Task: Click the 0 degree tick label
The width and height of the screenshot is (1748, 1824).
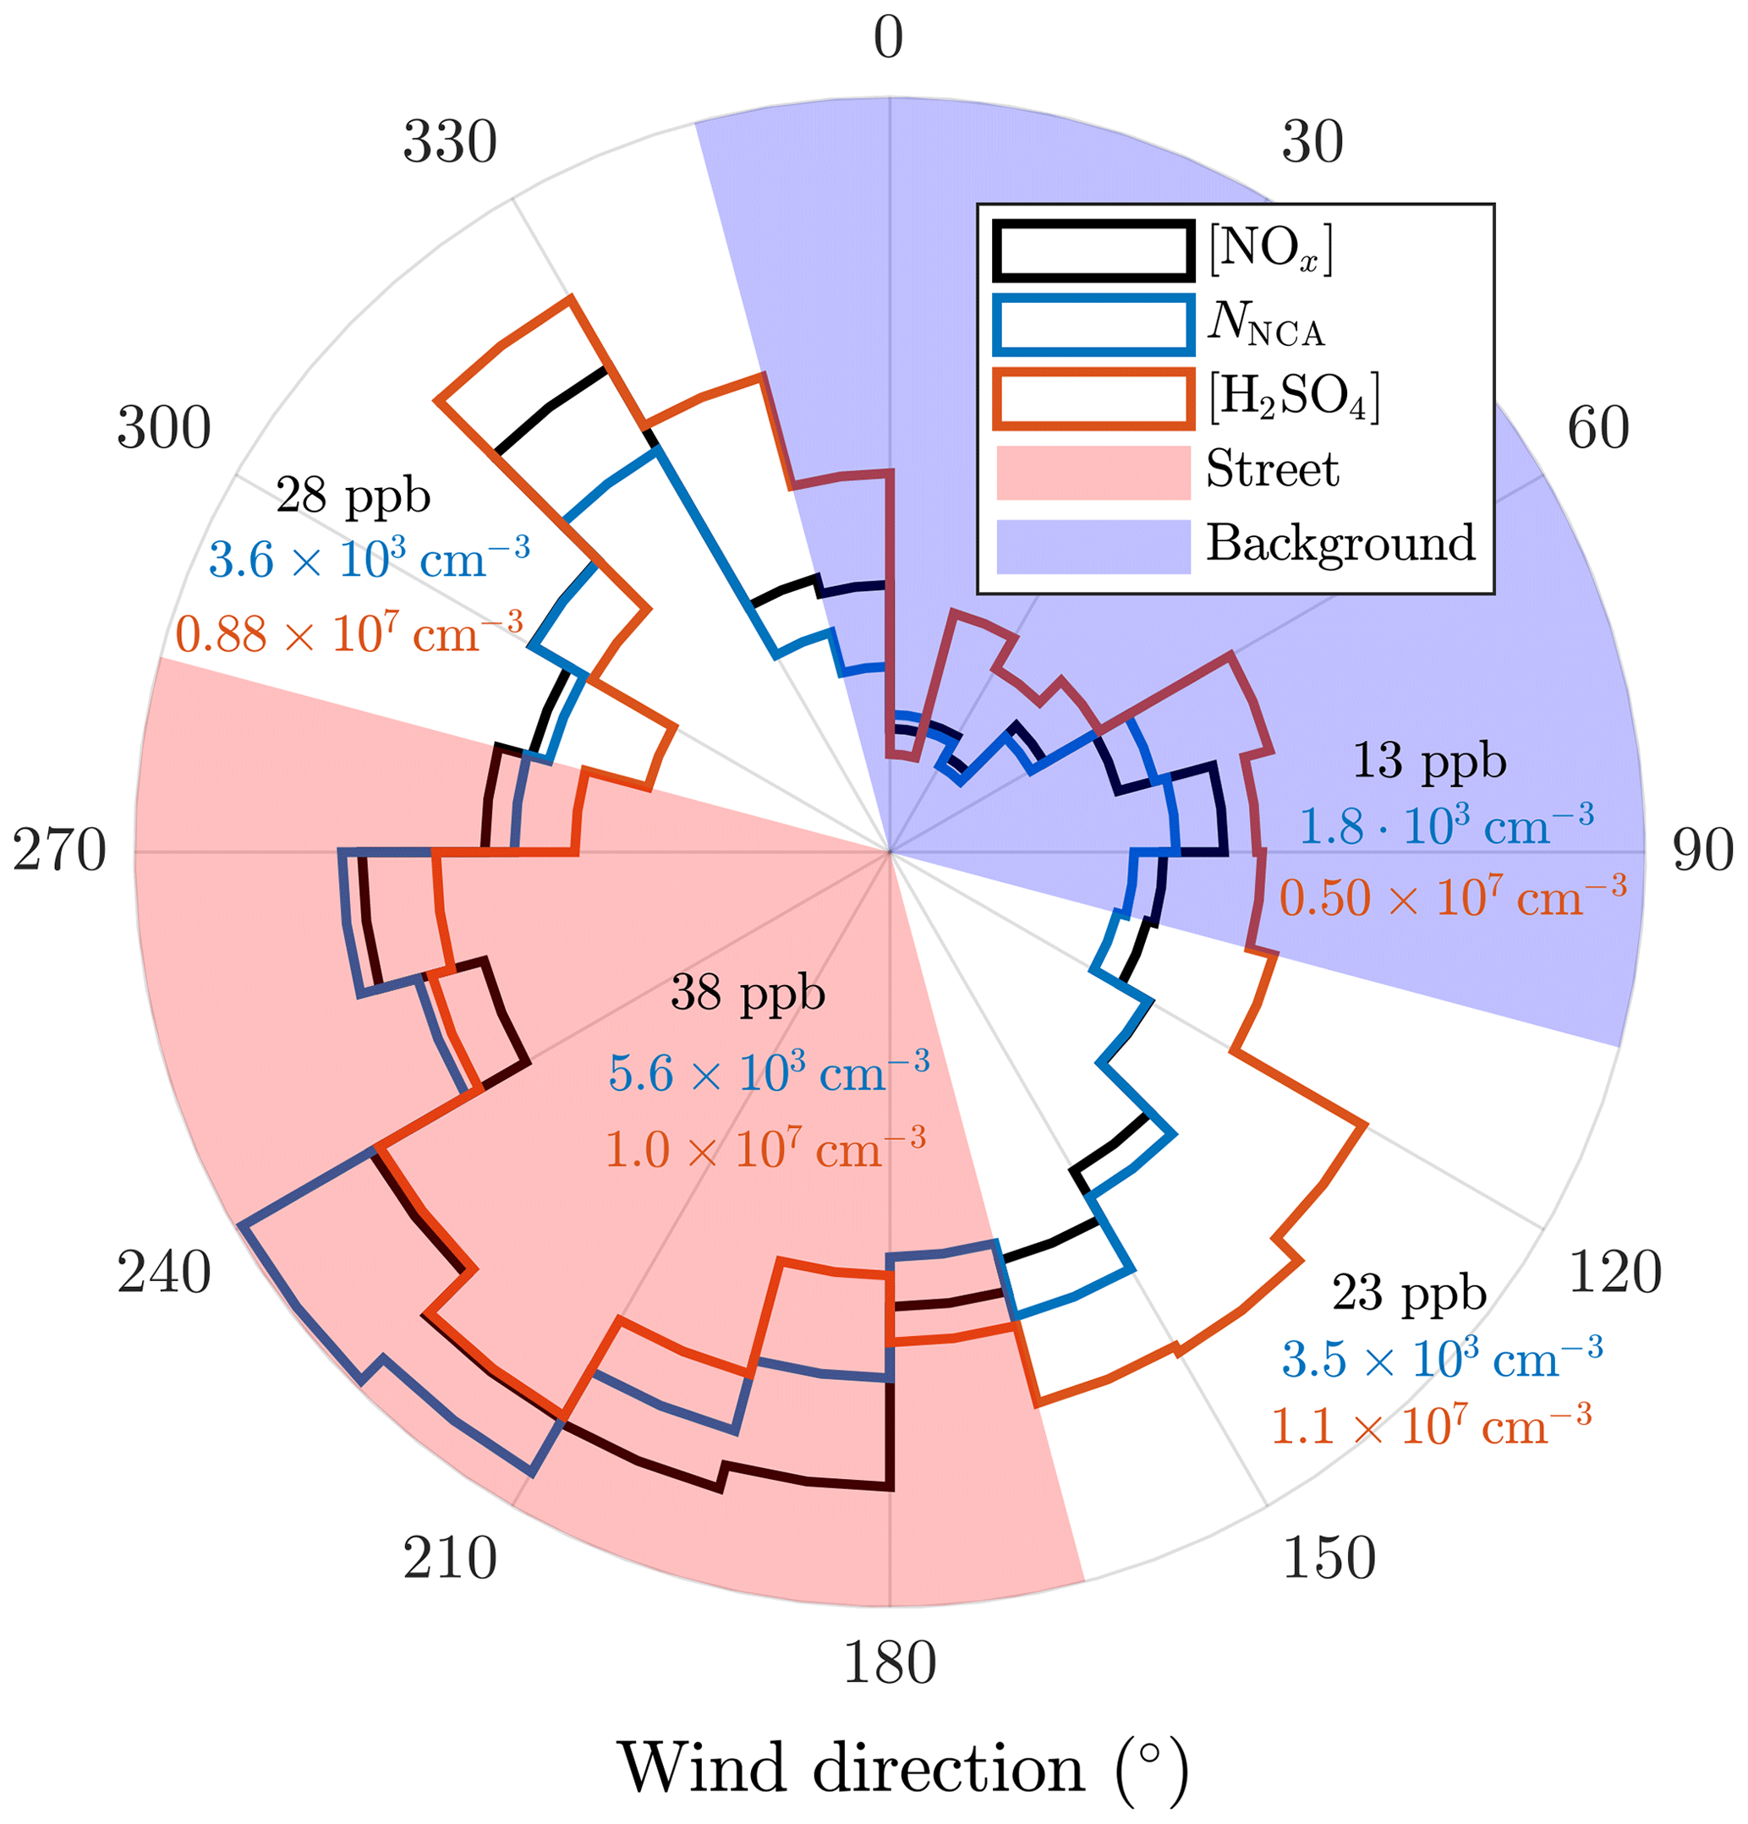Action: click(888, 39)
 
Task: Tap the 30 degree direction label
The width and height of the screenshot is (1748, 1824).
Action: click(1312, 142)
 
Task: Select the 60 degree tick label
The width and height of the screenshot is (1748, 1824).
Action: click(1598, 428)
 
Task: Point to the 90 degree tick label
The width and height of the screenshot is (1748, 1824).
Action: click(1702, 851)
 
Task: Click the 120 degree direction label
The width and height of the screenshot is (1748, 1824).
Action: click(1615, 1272)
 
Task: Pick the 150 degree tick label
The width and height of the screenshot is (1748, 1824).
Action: click(1329, 1558)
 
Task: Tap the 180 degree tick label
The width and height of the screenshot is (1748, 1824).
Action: click(889, 1663)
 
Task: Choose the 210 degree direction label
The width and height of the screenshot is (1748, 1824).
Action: click(450, 1558)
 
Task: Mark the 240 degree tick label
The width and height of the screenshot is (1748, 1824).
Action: click(164, 1272)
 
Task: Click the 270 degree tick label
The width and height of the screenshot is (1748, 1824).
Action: click(59, 851)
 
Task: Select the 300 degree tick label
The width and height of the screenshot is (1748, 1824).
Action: click(164, 428)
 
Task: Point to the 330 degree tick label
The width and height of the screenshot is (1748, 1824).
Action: click(450, 142)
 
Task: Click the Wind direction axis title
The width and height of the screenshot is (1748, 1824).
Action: click(903, 1766)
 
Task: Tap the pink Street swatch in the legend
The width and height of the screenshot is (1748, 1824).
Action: click(1093, 472)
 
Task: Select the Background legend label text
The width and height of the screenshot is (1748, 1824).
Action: click(1340, 543)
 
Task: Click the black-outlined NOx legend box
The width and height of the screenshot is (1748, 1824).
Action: click(1093, 249)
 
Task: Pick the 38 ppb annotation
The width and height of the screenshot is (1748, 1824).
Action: click(748, 994)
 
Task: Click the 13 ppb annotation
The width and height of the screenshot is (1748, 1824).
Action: click(1428, 761)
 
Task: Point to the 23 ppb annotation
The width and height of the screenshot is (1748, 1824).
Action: click(1408, 1293)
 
